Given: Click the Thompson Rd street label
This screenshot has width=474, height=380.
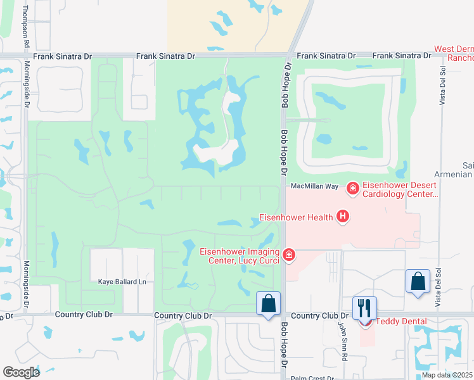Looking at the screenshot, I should coord(26,26).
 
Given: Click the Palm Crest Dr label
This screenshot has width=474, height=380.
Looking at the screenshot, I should coord(312,378).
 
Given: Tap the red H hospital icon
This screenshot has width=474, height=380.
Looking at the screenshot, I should coord(343,217).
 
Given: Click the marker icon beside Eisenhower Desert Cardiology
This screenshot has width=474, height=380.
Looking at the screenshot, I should coord(353,187).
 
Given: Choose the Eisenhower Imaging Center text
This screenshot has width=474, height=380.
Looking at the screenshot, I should coord(240,255).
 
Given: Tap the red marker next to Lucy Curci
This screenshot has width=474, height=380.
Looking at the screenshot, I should coord(289,255).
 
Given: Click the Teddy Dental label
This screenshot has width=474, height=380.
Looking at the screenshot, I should coord(401,321).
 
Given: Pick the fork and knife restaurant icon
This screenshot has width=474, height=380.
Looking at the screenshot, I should coord(364,308).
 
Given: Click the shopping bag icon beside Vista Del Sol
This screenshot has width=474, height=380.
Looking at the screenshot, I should coord(418,281).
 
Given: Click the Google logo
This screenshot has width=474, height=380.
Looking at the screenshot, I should coord(21,372).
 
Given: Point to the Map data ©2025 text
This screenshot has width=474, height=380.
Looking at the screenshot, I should coord(447,375).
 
